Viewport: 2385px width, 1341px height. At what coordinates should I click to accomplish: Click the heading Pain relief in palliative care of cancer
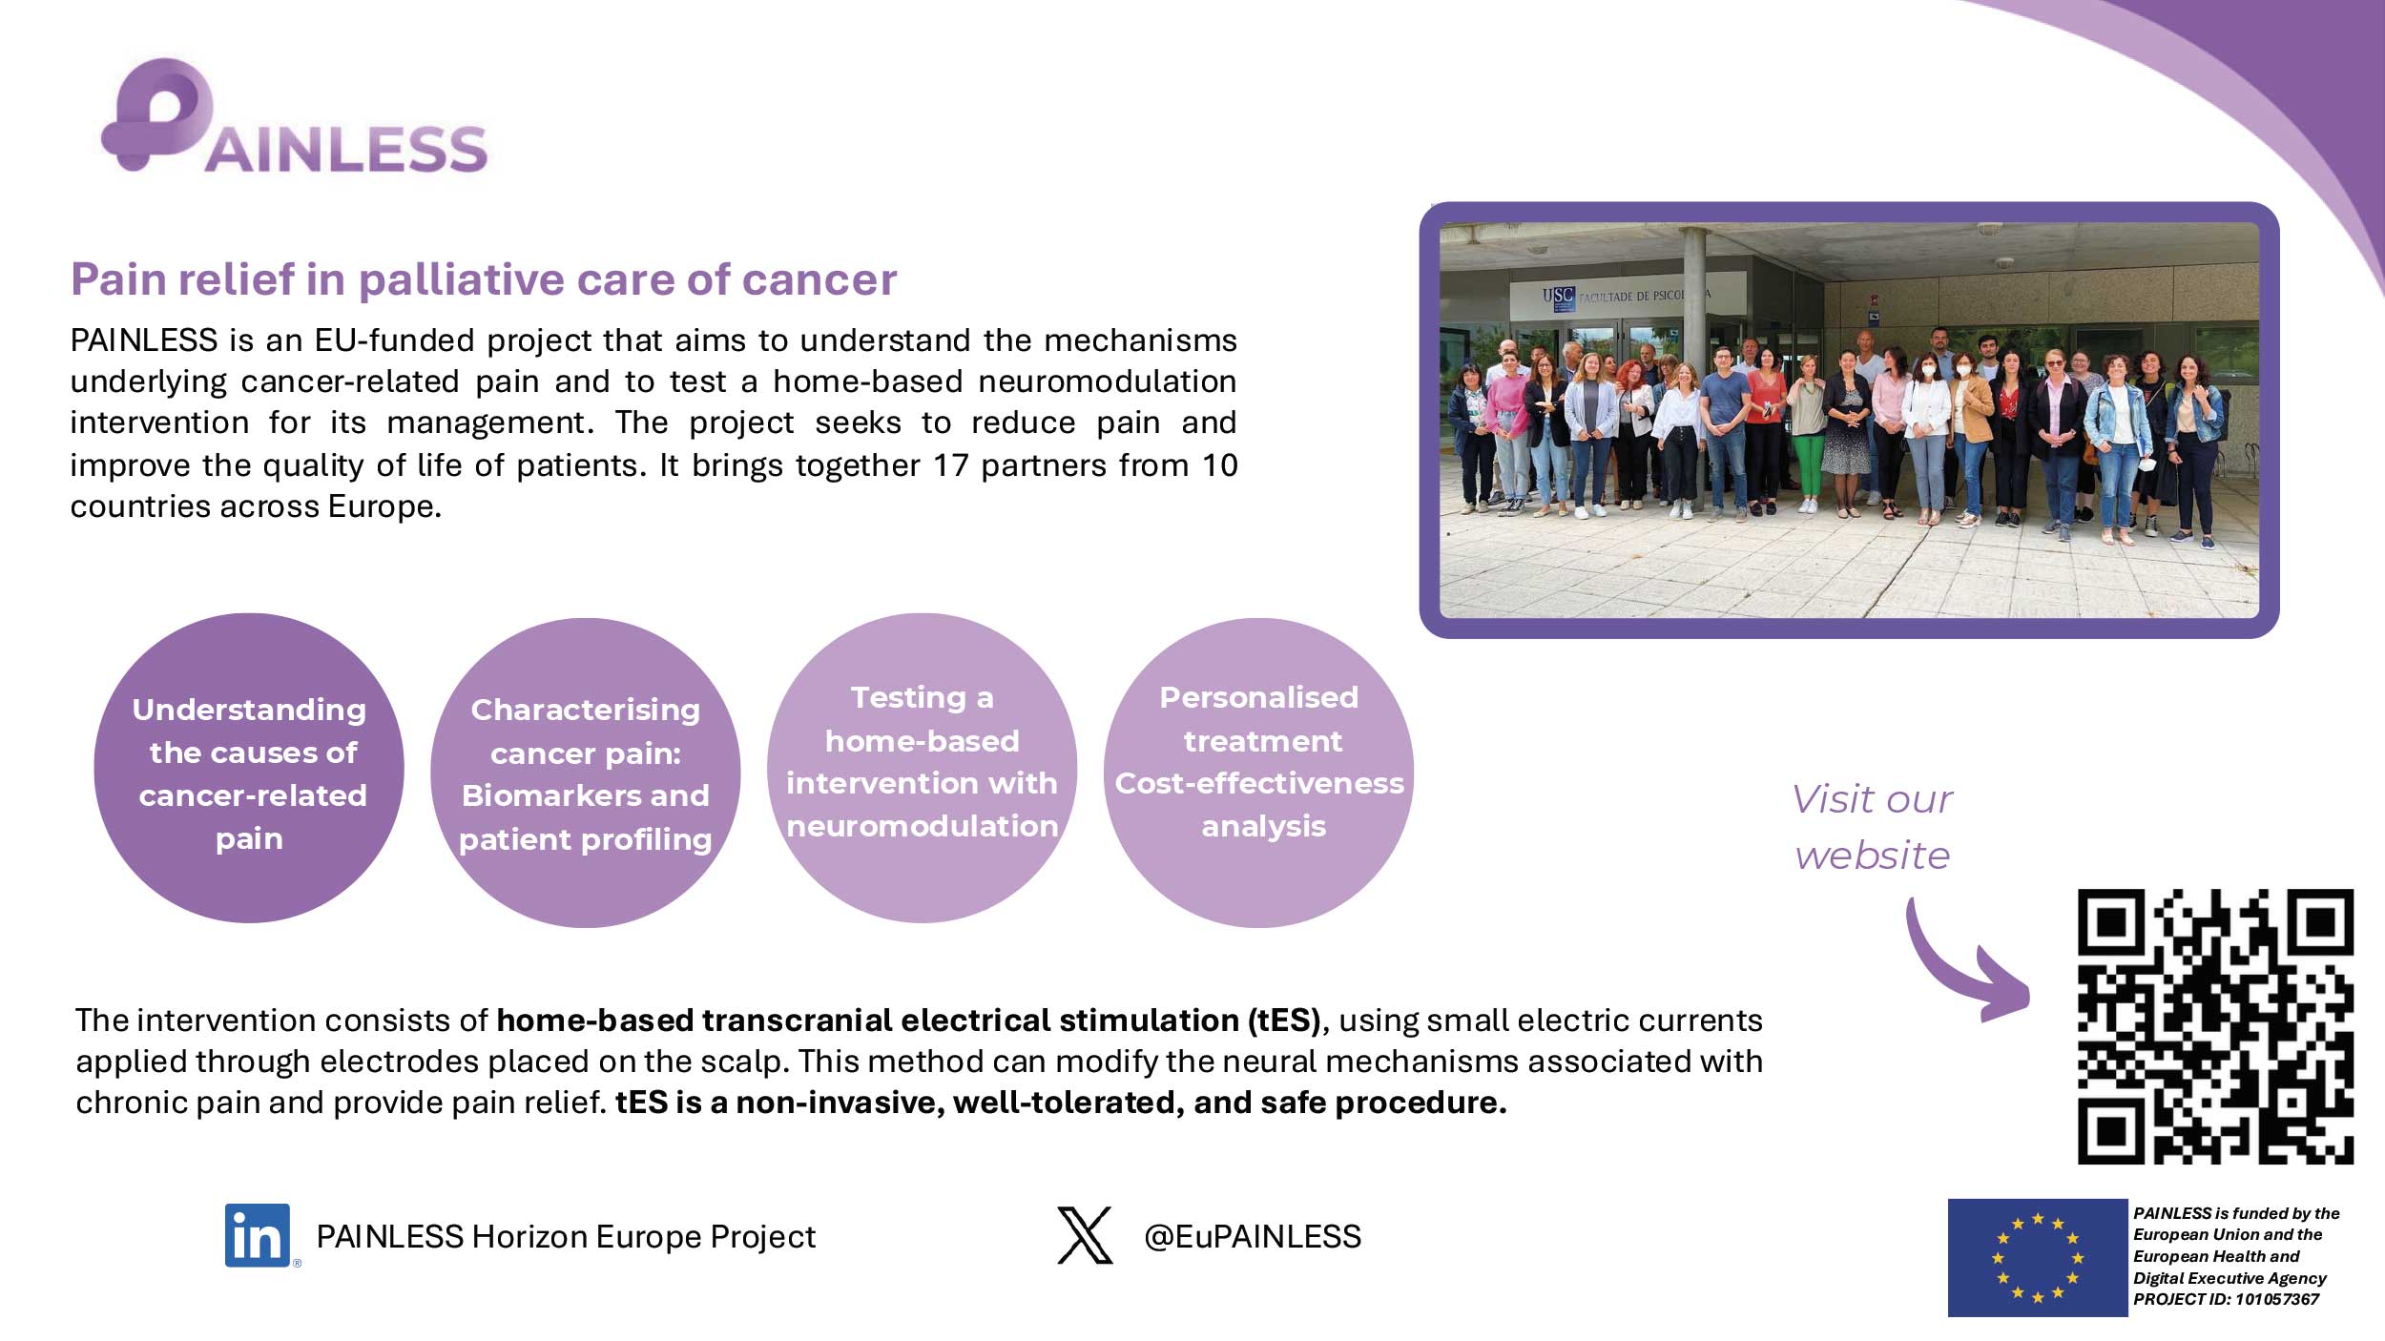pos(484,279)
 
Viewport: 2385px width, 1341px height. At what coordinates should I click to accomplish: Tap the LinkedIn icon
pos(258,1235)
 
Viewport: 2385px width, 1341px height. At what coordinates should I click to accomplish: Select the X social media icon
pos(1085,1235)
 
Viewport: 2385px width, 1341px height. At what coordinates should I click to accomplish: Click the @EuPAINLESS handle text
pos(1253,1236)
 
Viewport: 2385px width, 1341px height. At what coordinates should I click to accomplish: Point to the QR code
pos(2215,1026)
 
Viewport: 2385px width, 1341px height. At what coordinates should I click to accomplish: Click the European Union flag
pos(2037,1257)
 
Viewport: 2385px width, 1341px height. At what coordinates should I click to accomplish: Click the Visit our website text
pos(1872,827)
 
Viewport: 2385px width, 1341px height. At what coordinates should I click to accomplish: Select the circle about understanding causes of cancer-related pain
pos(249,768)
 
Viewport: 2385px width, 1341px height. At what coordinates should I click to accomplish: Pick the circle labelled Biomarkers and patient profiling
pos(586,773)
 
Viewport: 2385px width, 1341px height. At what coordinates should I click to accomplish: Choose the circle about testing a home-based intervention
pos(922,768)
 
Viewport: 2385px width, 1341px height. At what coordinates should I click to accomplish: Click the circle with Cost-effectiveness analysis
pos(1258,773)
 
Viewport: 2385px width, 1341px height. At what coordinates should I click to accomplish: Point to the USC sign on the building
pos(1558,296)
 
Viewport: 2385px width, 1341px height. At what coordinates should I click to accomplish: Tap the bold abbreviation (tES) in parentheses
pos(1284,1021)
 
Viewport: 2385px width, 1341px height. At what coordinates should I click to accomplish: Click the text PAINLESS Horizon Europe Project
pos(566,1236)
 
